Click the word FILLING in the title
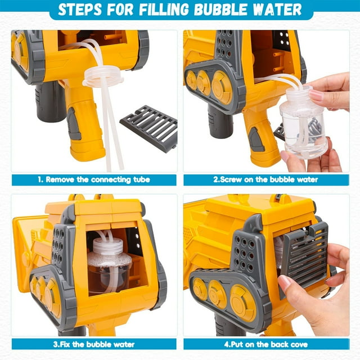click(164, 10)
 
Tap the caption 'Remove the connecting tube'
click(94, 179)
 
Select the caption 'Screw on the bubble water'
click(265, 179)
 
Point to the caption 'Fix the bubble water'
click(94, 344)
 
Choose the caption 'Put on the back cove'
click(266, 344)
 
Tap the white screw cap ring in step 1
click(101, 76)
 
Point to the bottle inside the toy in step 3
click(109, 266)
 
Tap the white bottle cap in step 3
click(107, 246)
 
